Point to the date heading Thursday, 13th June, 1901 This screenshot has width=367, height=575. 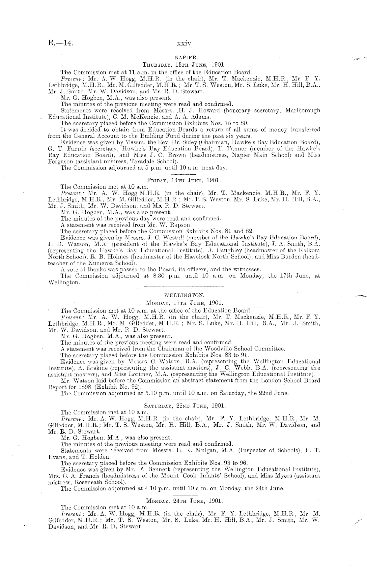[183, 65]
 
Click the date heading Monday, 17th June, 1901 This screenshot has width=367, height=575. [183, 303]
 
